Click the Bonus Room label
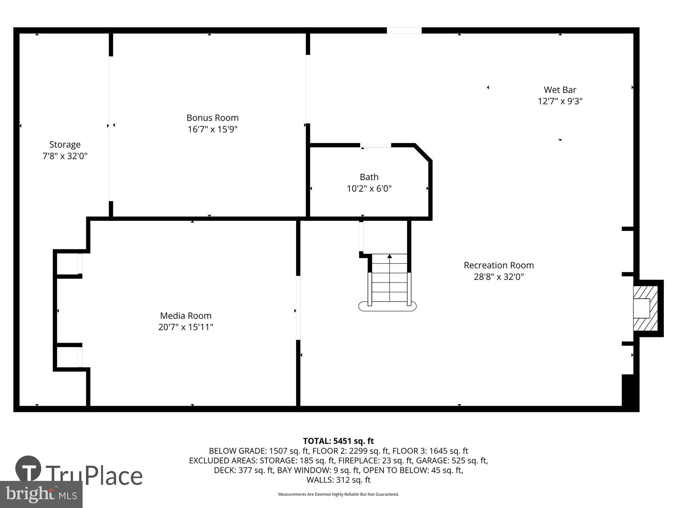click(x=213, y=118)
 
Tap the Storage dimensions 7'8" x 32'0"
click(x=65, y=156)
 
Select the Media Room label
click(x=186, y=316)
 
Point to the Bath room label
click(x=369, y=177)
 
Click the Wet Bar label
click(x=560, y=90)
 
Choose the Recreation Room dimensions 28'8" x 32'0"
click(x=499, y=277)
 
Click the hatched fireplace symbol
click(x=646, y=308)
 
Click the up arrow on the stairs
click(x=390, y=257)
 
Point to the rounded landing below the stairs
click(x=387, y=306)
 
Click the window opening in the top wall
click(x=404, y=30)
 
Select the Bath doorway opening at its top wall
click(x=376, y=146)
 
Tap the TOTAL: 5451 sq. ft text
click(x=338, y=441)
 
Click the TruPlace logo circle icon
click(x=28, y=469)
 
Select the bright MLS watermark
click(x=41, y=494)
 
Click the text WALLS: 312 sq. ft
click(x=338, y=480)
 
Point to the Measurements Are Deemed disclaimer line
click(x=338, y=494)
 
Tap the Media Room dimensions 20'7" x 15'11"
click(x=186, y=327)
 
